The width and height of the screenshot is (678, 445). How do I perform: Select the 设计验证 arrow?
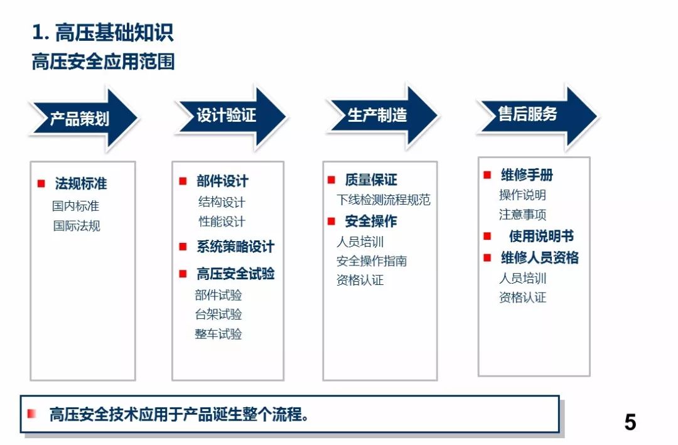click(231, 116)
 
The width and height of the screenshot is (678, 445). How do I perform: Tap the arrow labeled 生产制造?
click(382, 115)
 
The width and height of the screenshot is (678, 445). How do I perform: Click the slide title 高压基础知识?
click(103, 33)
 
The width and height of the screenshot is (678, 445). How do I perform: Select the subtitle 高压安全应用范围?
click(103, 62)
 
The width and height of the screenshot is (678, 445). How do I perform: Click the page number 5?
click(630, 422)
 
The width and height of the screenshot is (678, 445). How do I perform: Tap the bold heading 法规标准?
click(81, 183)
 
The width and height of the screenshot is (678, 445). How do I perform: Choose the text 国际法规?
click(77, 226)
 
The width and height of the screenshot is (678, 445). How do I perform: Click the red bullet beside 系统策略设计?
click(183, 247)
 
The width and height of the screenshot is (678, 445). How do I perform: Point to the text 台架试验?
click(218, 314)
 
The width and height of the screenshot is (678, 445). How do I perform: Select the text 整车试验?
click(218, 334)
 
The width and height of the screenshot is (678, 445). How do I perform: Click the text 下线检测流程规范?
click(384, 200)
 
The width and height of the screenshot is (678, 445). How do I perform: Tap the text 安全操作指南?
click(372, 260)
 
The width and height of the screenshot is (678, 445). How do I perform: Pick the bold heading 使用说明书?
click(541, 236)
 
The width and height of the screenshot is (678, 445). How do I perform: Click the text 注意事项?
click(522, 215)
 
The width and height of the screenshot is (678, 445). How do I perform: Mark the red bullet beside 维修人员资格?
click(487, 258)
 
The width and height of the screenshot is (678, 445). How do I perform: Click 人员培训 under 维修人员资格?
click(523, 278)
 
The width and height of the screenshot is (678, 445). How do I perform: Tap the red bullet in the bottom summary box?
click(31, 414)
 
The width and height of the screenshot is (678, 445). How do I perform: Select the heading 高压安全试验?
click(235, 273)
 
